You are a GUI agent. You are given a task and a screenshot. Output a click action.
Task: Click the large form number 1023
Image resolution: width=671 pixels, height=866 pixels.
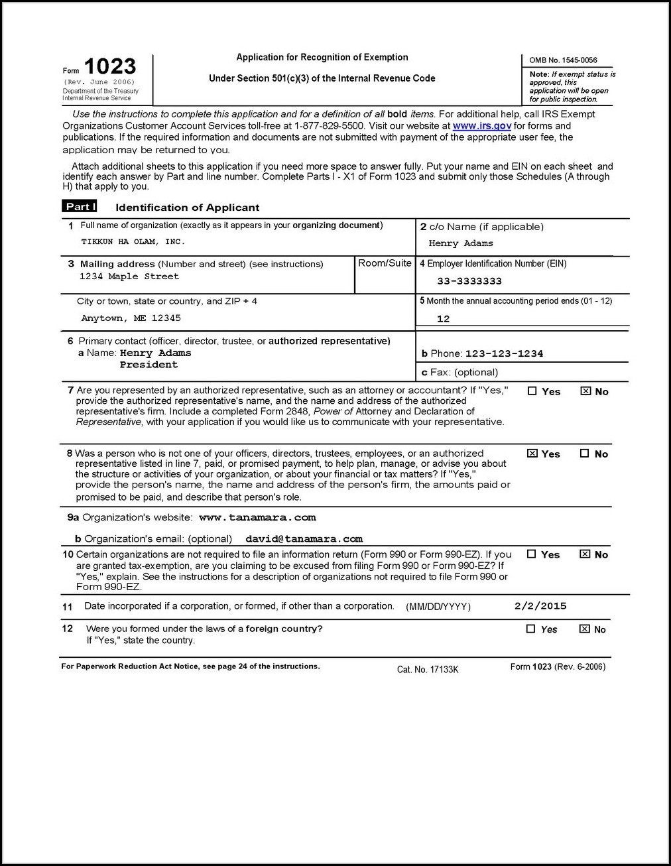click(110, 67)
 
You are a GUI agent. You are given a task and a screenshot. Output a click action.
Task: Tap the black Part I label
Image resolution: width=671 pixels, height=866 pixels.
click(80, 207)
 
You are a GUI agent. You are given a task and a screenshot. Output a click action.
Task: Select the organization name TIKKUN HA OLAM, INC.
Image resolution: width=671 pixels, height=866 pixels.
click(133, 242)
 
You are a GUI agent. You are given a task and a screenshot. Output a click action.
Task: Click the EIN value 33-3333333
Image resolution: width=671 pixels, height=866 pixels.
click(469, 281)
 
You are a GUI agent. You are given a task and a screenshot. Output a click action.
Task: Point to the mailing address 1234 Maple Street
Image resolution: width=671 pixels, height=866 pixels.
click(129, 277)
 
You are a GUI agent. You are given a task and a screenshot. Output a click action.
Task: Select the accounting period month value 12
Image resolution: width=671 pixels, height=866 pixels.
click(444, 319)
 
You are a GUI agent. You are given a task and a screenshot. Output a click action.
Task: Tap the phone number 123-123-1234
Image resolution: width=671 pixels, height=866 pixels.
click(504, 354)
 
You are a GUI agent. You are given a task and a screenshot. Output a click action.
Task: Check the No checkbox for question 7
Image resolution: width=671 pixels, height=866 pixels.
click(585, 391)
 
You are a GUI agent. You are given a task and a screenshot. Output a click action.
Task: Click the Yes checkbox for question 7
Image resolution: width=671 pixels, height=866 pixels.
click(532, 391)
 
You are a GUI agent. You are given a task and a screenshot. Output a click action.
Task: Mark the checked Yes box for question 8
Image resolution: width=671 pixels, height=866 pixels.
click(532, 454)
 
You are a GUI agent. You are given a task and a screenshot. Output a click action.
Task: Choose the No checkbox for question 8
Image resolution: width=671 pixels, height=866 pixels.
click(584, 454)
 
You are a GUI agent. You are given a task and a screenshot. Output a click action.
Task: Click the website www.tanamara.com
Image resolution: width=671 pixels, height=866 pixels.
click(257, 517)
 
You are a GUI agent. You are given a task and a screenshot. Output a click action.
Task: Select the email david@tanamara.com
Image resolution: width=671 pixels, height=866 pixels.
click(304, 539)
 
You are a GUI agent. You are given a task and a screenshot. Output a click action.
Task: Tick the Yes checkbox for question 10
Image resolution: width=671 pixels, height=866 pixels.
click(531, 554)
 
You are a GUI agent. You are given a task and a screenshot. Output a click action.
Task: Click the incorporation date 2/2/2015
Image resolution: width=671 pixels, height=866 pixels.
click(540, 605)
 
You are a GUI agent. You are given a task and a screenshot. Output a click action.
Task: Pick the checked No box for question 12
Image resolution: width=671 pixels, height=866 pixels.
click(584, 629)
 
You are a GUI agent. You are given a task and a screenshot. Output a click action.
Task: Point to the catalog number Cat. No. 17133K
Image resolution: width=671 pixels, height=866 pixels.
click(428, 670)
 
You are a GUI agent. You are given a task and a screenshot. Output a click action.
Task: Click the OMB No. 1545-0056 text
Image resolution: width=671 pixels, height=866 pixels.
click(563, 60)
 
